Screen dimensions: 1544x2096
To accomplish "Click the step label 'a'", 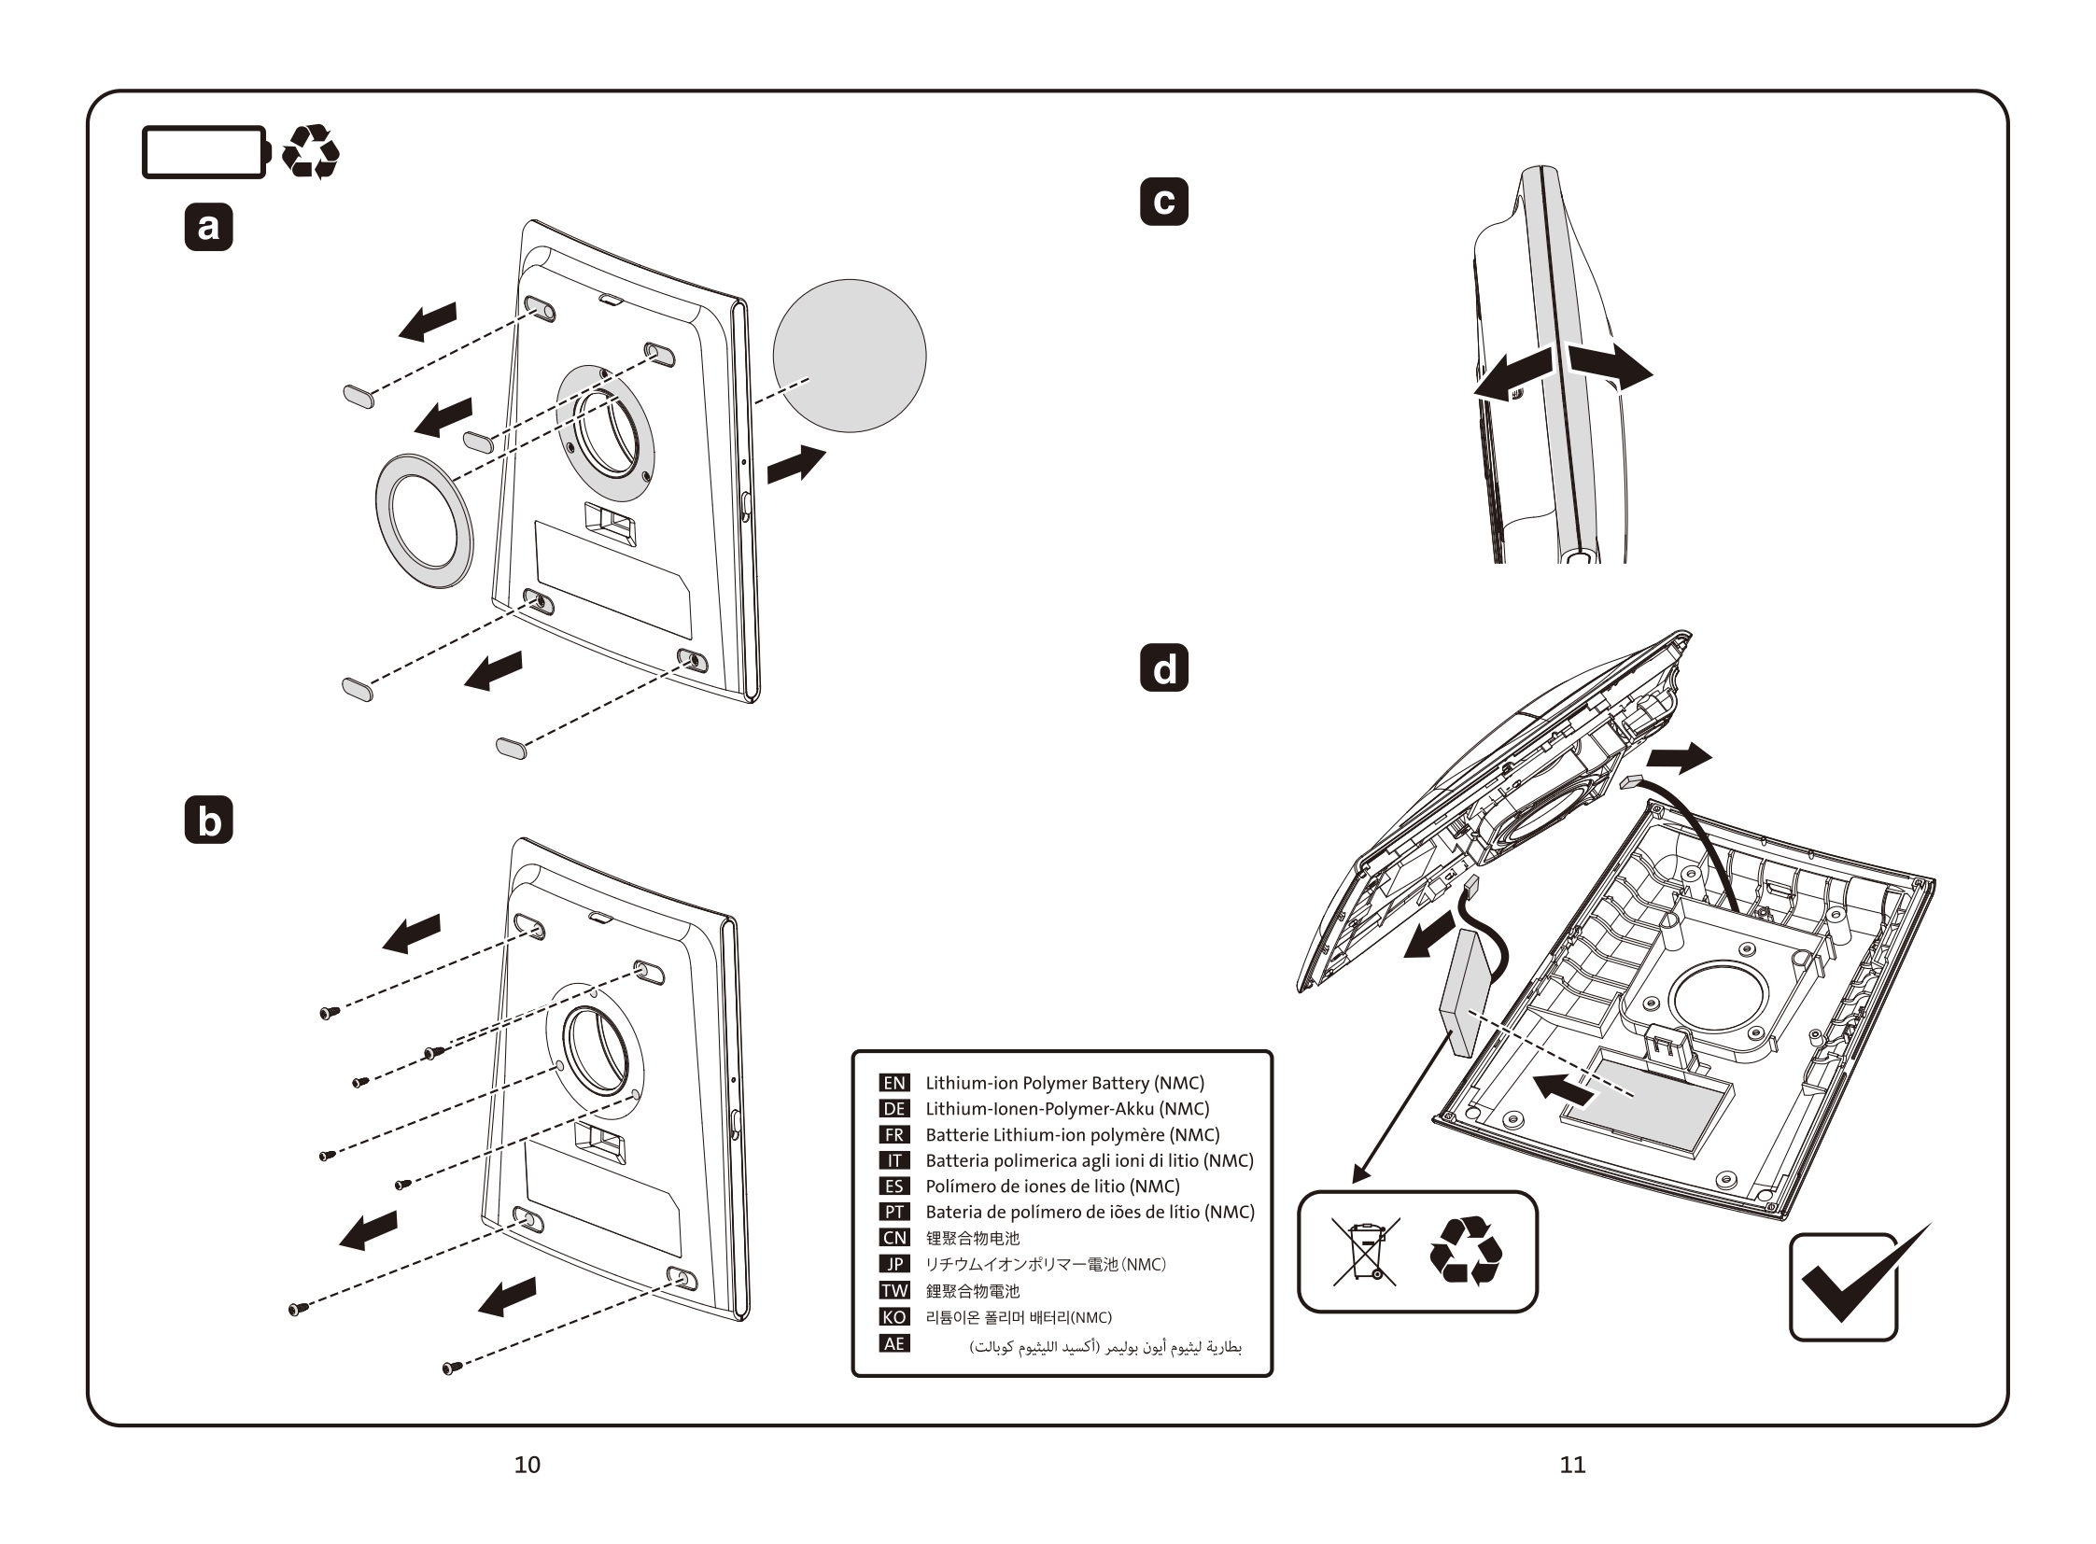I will [x=208, y=227].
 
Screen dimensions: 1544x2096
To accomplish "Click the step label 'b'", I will [x=208, y=820].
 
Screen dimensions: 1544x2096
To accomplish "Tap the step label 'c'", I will [x=1164, y=201].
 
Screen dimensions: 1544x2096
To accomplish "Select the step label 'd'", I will [x=1164, y=667].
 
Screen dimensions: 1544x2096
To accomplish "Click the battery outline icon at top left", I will [x=204, y=151].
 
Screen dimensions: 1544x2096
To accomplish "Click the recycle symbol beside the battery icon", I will [x=310, y=151].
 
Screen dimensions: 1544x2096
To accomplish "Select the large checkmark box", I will [x=1847, y=1285].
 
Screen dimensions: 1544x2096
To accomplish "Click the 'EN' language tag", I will [x=893, y=1082].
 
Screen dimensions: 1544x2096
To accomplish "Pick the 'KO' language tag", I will [x=893, y=1317].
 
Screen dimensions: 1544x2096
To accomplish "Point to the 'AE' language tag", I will [x=893, y=1343].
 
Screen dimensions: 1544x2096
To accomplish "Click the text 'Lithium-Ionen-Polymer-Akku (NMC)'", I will [x=1067, y=1108].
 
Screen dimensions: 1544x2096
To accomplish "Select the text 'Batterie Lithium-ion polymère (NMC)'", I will [x=1073, y=1134].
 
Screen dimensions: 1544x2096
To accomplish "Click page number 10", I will [x=528, y=1465].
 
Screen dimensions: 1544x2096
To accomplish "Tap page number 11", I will [x=1572, y=1465].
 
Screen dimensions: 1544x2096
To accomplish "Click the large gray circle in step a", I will [x=849, y=355].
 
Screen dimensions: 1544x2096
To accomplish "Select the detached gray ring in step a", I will [x=424, y=521].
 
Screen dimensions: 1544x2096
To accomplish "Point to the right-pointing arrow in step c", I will [x=1610, y=365].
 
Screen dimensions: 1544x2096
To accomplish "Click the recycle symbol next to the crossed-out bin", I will [x=1466, y=1250].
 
